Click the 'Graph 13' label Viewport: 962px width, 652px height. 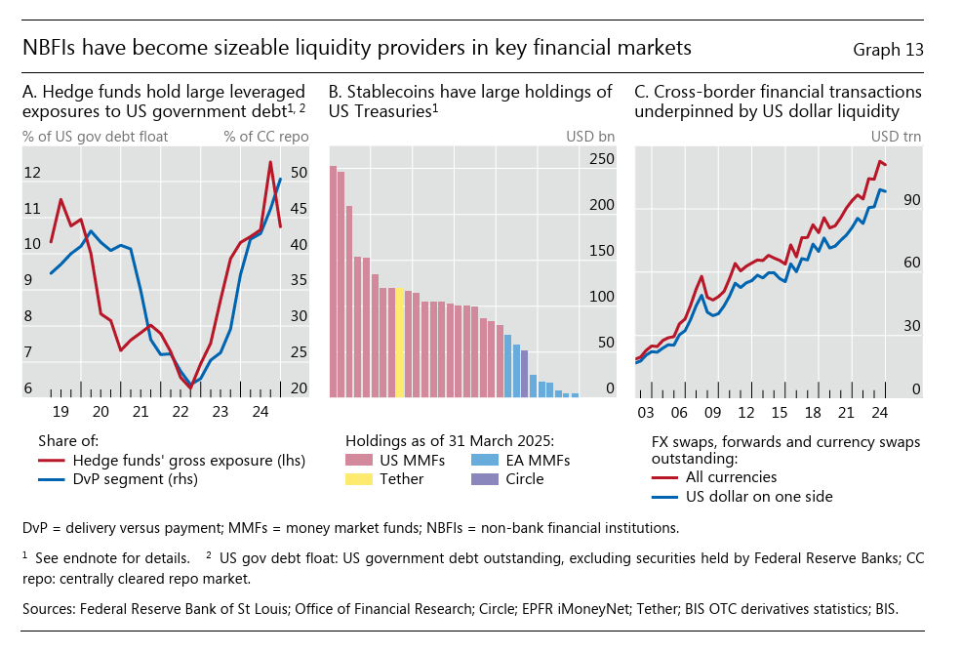[x=887, y=49]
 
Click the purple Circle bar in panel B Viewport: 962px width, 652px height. [x=524, y=373]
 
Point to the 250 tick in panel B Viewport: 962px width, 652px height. [x=603, y=159]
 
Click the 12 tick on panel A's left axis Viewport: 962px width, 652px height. [x=32, y=173]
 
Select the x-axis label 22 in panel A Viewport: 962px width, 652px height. [x=180, y=411]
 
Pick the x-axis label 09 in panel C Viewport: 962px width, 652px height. [x=713, y=411]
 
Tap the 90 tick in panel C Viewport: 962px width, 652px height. [x=911, y=200]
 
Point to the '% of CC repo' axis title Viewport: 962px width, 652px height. [x=265, y=136]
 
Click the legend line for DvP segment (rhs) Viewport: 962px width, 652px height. [x=54, y=479]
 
